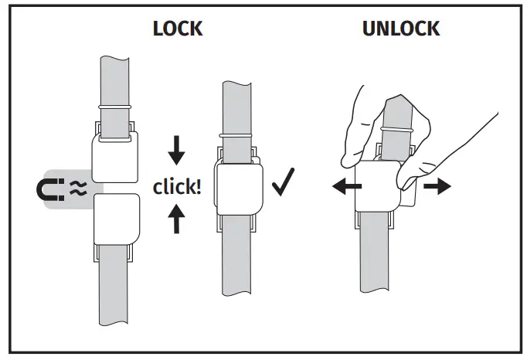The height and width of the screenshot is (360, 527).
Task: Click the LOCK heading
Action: coord(178,29)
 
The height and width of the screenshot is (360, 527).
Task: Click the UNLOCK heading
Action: coord(401,29)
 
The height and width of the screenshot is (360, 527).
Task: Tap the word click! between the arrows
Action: coord(177,187)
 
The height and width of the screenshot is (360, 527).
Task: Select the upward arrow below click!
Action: coord(177,220)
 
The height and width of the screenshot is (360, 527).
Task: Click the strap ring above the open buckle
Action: coord(114,106)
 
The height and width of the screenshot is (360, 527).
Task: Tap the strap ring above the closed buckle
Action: coord(237,134)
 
